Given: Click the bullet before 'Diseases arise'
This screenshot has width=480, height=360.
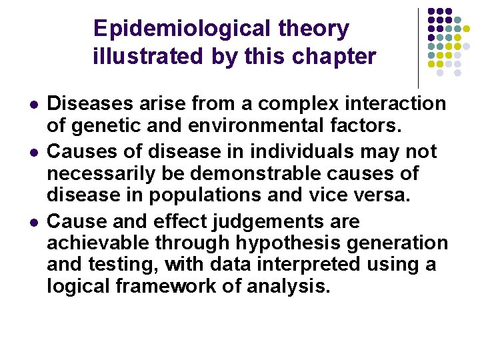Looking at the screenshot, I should (33, 105).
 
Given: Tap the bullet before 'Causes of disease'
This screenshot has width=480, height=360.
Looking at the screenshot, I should (33, 153).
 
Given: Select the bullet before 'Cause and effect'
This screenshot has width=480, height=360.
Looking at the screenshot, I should (33, 222).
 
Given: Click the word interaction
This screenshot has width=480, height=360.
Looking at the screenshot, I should (399, 104).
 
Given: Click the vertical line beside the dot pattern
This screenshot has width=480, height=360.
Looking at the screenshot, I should (418, 47).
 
